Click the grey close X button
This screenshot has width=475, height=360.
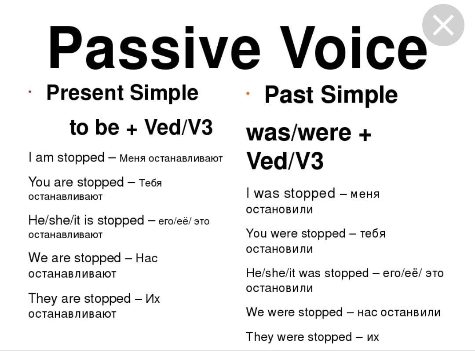click(443, 25)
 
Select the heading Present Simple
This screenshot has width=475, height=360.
click(122, 93)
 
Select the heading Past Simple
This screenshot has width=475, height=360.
click(331, 95)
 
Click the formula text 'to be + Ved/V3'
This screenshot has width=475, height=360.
click(141, 127)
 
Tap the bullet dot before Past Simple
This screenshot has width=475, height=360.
click(248, 94)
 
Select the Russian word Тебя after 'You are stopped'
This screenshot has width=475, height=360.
click(150, 183)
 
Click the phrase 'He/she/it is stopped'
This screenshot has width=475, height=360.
click(86, 220)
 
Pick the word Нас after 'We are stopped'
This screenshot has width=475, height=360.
click(146, 258)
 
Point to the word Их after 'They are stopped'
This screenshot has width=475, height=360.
click(153, 299)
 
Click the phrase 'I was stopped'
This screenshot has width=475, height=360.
click(291, 193)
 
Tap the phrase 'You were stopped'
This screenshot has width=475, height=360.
click(296, 233)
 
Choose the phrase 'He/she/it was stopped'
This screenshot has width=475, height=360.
click(307, 273)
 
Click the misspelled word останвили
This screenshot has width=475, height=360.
click(410, 312)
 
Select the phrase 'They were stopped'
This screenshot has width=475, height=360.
click(299, 337)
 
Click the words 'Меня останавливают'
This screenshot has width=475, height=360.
click(171, 158)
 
